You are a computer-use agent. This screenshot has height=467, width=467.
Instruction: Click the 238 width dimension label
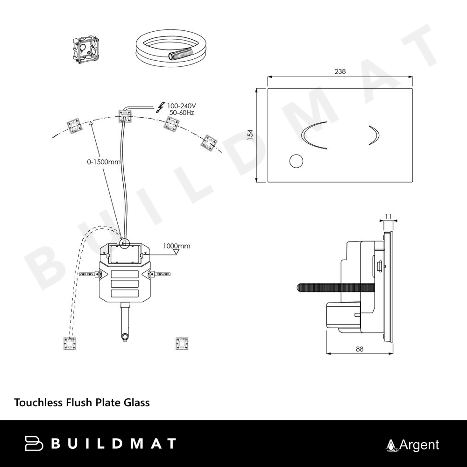click(x=340, y=71)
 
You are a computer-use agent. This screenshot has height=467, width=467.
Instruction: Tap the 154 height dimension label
click(x=250, y=134)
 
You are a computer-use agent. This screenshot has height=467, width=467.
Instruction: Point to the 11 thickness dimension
click(x=389, y=217)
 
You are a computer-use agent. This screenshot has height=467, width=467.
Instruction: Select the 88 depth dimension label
click(x=360, y=349)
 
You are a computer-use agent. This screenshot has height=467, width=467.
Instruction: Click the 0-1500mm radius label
click(x=104, y=162)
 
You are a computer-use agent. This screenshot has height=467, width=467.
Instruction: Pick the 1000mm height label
click(x=177, y=246)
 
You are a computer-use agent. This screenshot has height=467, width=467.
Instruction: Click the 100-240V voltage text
click(x=181, y=106)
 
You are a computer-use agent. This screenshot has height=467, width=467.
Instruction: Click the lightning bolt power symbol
click(x=161, y=107)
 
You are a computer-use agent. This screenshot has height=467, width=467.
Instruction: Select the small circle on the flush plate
click(x=297, y=161)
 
